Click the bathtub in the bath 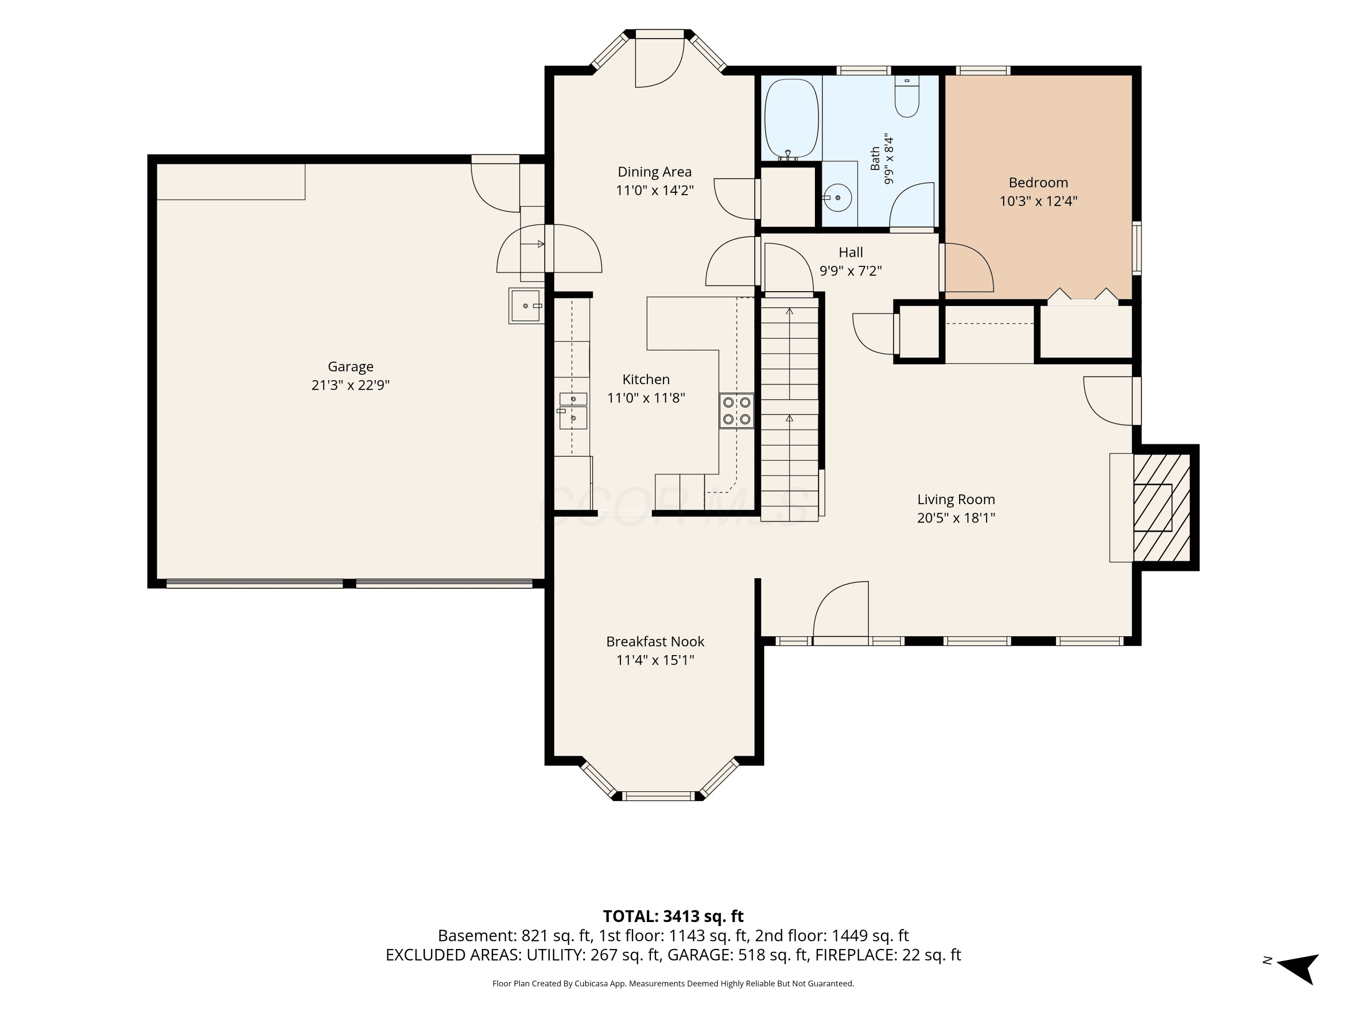(x=791, y=120)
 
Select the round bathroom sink (x=839, y=197)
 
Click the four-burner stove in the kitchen (x=736, y=411)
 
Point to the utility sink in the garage (x=526, y=305)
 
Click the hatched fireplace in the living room (x=1161, y=508)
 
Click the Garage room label (x=350, y=367)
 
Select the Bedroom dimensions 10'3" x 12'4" (x=1038, y=201)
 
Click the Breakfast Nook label (x=655, y=642)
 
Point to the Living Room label (x=956, y=500)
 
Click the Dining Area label (x=655, y=172)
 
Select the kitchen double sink (x=573, y=411)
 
